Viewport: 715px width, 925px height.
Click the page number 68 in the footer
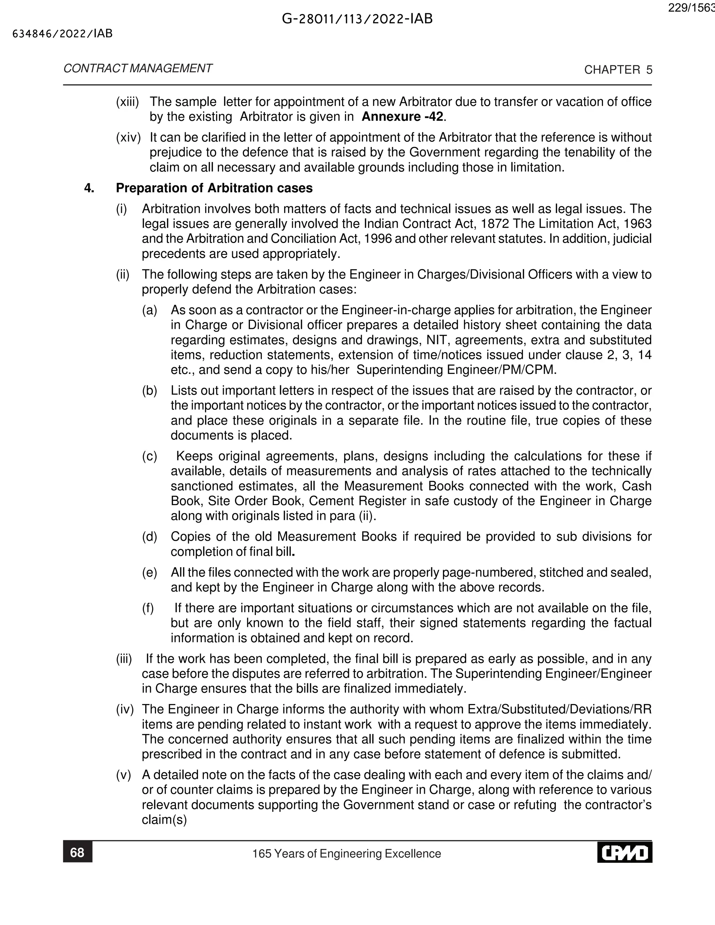[77, 852]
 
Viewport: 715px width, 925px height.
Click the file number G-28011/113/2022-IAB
[357, 19]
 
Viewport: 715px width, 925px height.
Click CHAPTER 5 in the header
[618, 70]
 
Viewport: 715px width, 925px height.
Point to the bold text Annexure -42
[403, 117]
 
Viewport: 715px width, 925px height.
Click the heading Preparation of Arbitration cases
[214, 188]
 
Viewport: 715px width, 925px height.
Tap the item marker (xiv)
[128, 137]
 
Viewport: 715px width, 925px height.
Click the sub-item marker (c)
[149, 456]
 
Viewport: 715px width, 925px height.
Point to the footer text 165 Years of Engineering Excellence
[346, 853]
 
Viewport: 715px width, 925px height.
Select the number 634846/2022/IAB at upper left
[63, 34]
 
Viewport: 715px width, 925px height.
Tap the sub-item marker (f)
[148, 608]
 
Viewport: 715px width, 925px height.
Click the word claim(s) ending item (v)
[164, 820]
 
